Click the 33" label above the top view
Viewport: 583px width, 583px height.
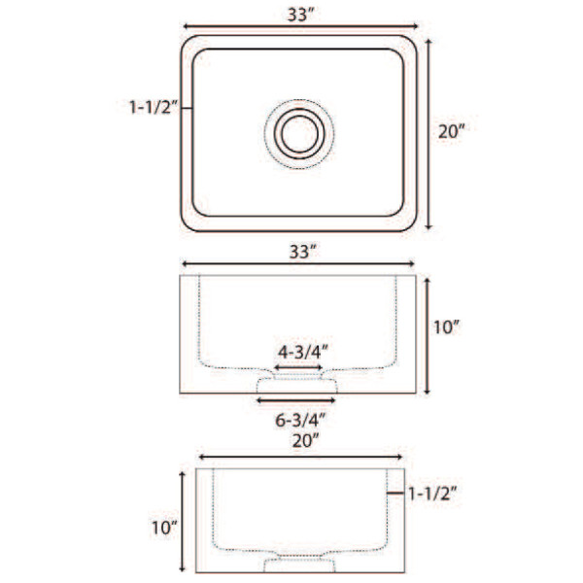pyautogui.click(x=301, y=15)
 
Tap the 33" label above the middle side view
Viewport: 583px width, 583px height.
pyautogui.click(x=303, y=252)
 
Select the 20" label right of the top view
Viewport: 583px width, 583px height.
pyautogui.click(x=452, y=131)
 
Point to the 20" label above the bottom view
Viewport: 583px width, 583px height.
pyautogui.click(x=306, y=441)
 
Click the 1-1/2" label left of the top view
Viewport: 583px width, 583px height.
pyautogui.click(x=154, y=107)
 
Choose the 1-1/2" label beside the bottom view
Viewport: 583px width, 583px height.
pyautogui.click(x=432, y=494)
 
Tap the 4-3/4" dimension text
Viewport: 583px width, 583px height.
pyautogui.click(x=303, y=352)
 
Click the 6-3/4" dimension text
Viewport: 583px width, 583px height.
pyautogui.click(x=300, y=420)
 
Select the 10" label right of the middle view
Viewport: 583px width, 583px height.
pyautogui.click(x=447, y=327)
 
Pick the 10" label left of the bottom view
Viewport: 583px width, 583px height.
pyautogui.click(x=164, y=528)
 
